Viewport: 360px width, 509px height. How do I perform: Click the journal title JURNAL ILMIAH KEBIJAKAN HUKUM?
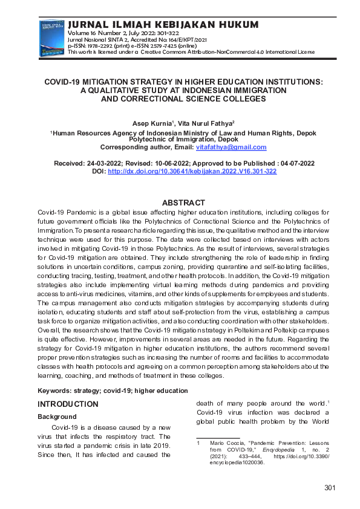tap(163, 24)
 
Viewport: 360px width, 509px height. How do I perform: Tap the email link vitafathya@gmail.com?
tap(231, 148)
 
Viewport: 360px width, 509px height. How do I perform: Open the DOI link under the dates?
tap(192, 172)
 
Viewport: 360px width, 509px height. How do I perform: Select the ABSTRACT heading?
tap(183, 203)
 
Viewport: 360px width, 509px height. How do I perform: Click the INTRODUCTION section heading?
tap(68, 404)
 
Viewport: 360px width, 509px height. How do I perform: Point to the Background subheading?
tap(57, 417)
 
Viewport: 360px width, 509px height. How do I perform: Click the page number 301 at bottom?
tap(330, 488)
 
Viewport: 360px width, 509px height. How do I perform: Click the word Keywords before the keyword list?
tap(57, 391)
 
